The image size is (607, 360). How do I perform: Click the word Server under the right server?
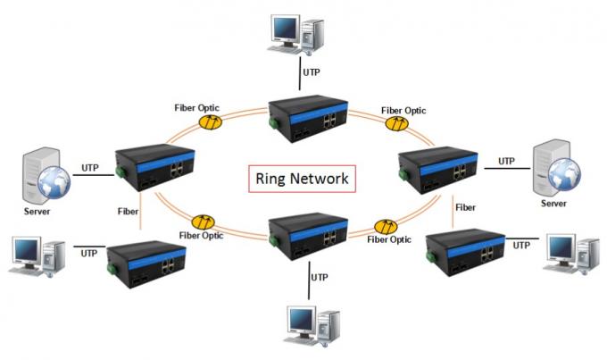click(x=553, y=204)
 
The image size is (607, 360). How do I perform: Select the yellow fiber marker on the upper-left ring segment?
click(x=211, y=125)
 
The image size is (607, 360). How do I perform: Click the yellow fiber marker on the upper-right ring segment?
click(x=395, y=126)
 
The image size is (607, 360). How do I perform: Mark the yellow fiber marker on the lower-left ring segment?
click(x=202, y=221)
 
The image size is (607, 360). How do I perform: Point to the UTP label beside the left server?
click(x=90, y=167)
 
